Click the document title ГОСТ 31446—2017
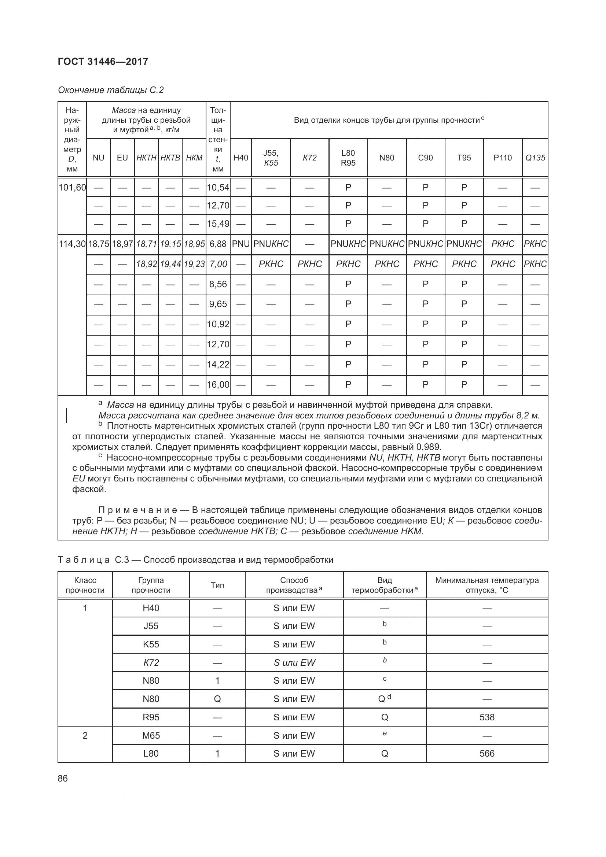coord(103,62)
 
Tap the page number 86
coord(63,778)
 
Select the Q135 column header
coord(535,158)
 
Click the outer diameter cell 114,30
coord(73,244)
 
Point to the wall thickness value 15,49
coord(218,224)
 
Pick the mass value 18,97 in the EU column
coord(122,244)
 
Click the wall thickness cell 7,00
coord(218,264)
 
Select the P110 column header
coord(502,158)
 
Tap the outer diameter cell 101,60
coord(73,187)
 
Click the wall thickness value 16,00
coord(218,385)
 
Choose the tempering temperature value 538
coord(486,717)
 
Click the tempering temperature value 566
coord(486,754)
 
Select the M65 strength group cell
coord(151,736)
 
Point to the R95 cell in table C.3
coord(151,717)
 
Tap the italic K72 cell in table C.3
coord(151,663)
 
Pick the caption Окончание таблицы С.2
coord(110,90)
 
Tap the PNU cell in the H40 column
coord(241,244)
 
